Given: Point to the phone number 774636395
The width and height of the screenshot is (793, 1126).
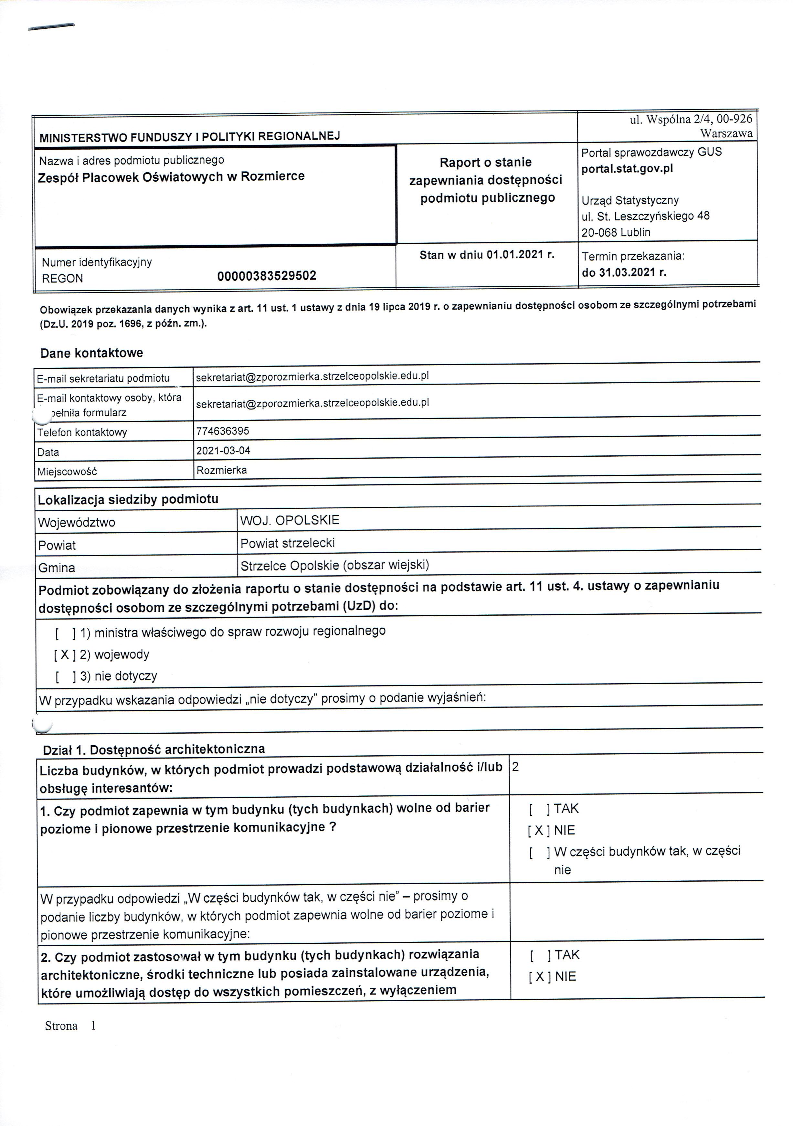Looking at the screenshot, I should tap(223, 431).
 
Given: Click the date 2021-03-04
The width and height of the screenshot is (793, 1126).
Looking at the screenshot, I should tap(223, 450).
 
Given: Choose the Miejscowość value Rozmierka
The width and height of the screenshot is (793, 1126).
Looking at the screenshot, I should tap(222, 470).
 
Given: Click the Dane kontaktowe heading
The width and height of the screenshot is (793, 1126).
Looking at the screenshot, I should tap(92, 353).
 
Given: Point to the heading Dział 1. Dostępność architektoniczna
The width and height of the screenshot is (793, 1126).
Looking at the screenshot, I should tap(154, 749).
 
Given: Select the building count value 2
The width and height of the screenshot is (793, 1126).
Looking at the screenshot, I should tap(515, 767).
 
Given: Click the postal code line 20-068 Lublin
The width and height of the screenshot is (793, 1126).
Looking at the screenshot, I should tap(616, 232).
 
